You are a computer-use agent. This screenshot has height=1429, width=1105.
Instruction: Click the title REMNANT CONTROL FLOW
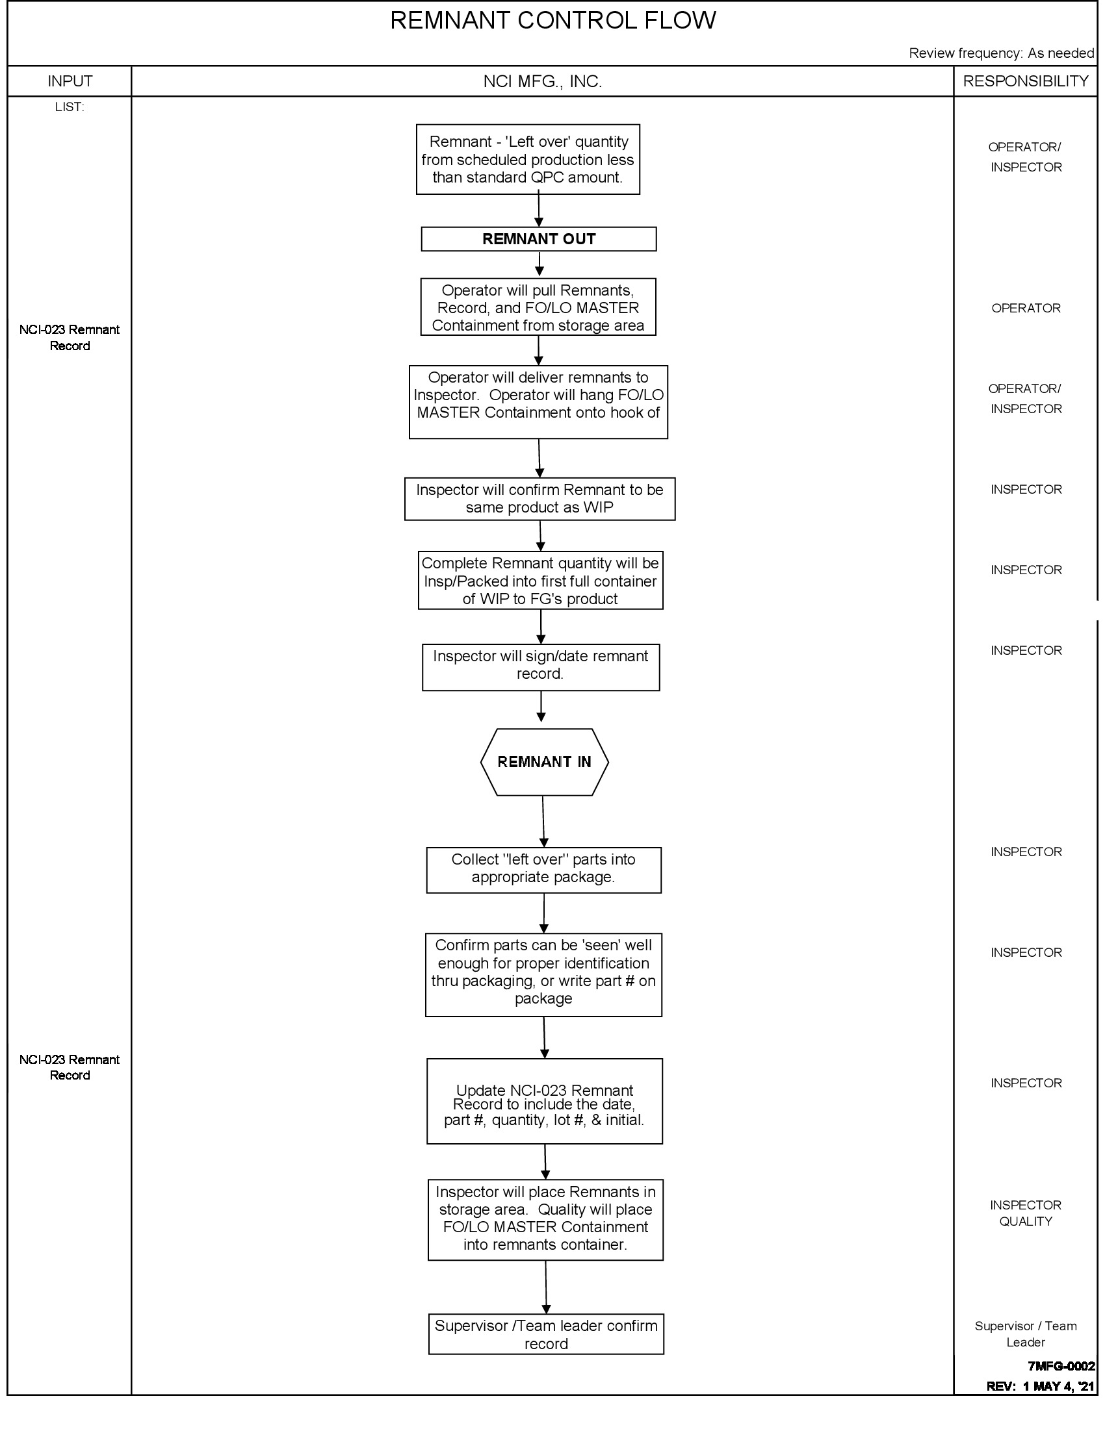pos(552,21)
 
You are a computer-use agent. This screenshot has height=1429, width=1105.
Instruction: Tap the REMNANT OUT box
pos(538,239)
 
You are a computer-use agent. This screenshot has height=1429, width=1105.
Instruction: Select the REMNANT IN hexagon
pos(544,762)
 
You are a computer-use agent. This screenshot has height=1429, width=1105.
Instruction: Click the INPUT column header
pos(70,81)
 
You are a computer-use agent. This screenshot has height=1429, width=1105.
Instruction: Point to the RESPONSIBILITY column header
pos(1025,81)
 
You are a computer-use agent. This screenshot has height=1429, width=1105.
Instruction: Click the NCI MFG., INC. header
pos(542,81)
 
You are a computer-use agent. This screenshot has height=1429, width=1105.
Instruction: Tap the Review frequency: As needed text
pos(1001,53)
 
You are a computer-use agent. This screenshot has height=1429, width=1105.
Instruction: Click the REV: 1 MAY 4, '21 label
pos(1039,1386)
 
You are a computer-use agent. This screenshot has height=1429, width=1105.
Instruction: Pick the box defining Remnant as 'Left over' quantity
pos(528,160)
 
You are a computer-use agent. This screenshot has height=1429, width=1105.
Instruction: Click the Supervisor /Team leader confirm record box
pos(546,1334)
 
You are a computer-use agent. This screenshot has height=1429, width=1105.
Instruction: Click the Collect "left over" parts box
pos(543,870)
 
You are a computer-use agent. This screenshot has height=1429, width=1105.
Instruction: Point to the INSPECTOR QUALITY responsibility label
pos(1025,1213)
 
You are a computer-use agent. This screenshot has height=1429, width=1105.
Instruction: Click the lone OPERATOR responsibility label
pos(1025,308)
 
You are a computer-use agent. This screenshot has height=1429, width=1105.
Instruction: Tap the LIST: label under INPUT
pos(70,107)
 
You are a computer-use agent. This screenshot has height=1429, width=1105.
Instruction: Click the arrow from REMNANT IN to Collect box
pos(543,821)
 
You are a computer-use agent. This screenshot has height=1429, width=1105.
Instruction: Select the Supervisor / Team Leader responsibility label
pos(1025,1334)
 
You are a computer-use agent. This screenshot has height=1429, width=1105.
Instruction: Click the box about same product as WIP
pos(539,499)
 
